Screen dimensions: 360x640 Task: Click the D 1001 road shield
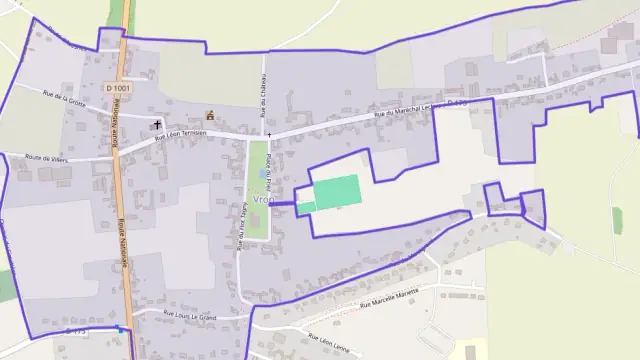(x=117, y=89)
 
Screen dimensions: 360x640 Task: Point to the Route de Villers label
(x=46, y=158)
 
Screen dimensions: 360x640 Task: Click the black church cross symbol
(x=157, y=125)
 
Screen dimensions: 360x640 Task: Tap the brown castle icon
(x=210, y=114)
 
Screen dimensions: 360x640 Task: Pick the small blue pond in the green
(x=263, y=173)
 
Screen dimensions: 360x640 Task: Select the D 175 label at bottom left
(x=75, y=330)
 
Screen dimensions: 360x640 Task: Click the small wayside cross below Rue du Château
(x=268, y=134)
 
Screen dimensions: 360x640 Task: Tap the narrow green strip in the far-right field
(x=617, y=220)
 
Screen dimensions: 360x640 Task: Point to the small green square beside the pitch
(x=306, y=207)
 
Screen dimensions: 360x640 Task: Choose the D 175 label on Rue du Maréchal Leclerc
(x=457, y=102)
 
